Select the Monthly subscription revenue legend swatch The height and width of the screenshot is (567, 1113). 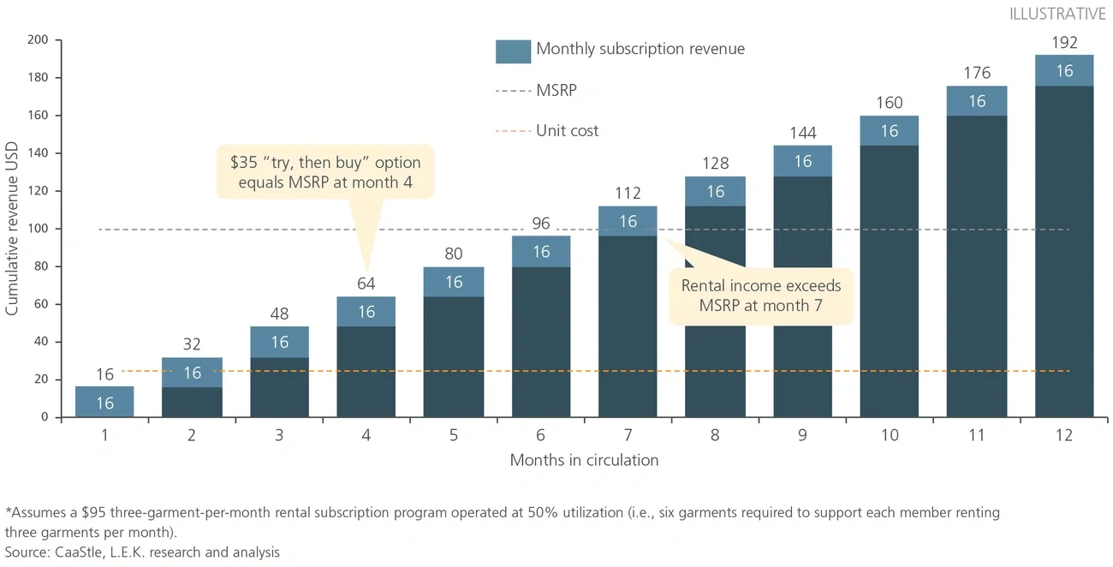(x=513, y=50)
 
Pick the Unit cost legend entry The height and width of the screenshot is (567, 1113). (x=567, y=131)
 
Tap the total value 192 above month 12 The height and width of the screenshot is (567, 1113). (x=1064, y=43)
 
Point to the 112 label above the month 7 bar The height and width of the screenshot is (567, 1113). (x=628, y=194)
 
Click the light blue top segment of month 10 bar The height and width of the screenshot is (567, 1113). (x=890, y=130)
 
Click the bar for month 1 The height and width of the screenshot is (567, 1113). (x=104, y=402)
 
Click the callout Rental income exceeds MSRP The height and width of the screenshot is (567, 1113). (x=761, y=295)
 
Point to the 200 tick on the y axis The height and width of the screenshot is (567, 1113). (x=39, y=40)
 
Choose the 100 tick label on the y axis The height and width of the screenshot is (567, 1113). (x=39, y=229)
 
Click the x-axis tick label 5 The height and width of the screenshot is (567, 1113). (x=454, y=435)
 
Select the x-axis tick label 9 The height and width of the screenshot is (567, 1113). (x=802, y=435)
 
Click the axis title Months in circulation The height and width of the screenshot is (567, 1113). (x=584, y=461)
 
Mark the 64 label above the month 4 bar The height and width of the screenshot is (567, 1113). (x=366, y=283)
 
